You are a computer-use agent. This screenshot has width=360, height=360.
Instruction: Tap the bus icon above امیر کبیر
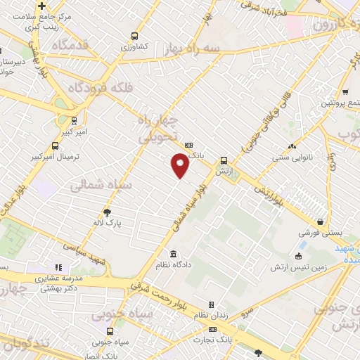[74, 120]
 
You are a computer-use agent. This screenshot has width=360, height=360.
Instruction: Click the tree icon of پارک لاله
[107, 211]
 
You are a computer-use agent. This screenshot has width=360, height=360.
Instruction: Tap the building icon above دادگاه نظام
[172, 254]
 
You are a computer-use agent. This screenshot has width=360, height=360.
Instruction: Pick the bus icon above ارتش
[224, 160]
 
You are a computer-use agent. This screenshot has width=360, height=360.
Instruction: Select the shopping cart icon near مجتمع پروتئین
[345, 92]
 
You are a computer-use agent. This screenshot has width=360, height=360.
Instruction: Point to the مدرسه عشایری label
[63, 278]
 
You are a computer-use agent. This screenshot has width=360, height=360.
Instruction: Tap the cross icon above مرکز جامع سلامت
[41, 6]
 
